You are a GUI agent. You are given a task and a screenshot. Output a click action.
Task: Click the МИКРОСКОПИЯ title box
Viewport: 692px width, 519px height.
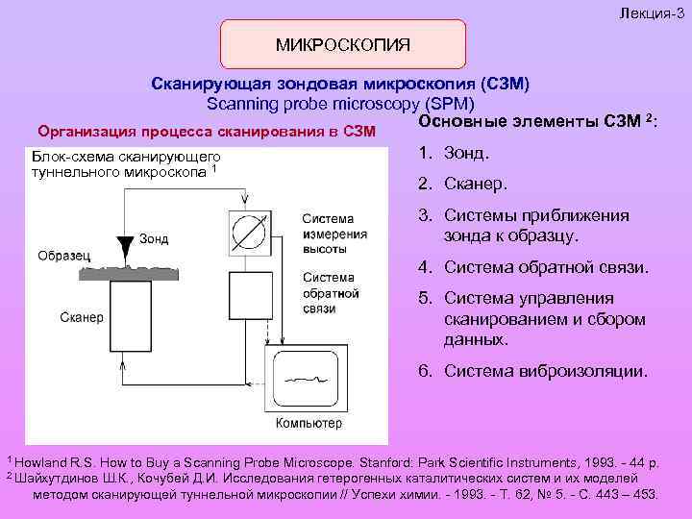343,44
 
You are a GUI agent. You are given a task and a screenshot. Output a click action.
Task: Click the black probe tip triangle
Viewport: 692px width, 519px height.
126,240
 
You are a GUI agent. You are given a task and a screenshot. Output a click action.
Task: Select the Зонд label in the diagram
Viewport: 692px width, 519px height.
155,238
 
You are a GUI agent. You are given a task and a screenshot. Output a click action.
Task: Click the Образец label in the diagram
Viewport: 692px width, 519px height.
63,255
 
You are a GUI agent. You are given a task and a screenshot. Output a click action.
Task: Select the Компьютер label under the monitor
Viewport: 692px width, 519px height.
309,424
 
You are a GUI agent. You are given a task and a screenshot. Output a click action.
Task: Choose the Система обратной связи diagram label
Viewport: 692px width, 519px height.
331,293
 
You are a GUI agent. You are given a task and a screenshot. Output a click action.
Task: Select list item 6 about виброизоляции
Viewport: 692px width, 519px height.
532,370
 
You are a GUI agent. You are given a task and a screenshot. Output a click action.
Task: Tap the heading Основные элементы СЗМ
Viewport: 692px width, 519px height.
535,121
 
